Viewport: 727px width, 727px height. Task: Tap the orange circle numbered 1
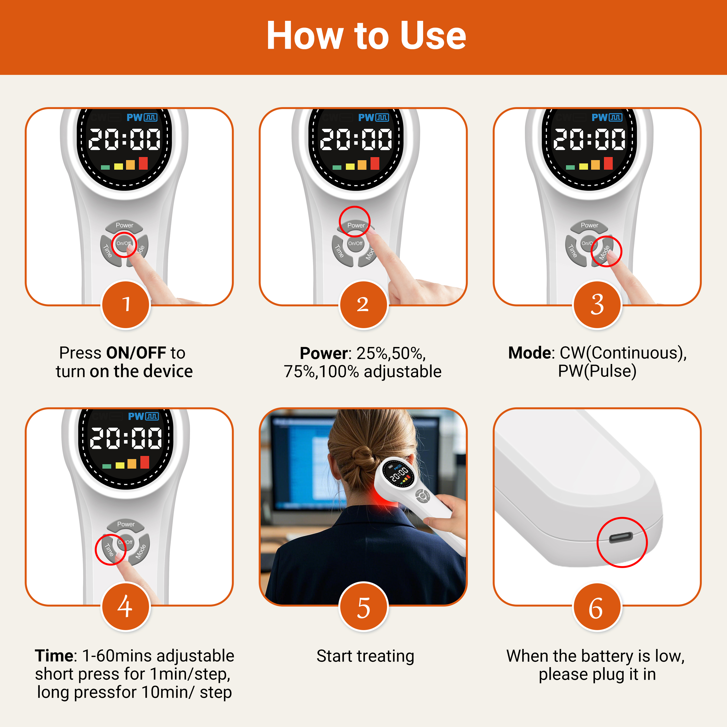tap(126, 304)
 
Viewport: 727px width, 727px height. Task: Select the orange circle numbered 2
tap(363, 304)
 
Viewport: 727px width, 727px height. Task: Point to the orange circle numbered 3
tap(597, 304)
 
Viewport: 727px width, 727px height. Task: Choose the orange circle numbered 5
tap(363, 606)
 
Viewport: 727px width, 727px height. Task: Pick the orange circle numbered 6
tap(597, 606)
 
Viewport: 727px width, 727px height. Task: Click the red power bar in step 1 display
tap(143, 163)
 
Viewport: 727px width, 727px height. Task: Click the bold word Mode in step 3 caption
tap(530, 353)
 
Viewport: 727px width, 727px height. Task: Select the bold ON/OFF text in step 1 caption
tap(136, 353)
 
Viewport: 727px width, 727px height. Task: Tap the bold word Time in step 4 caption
tap(54, 656)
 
